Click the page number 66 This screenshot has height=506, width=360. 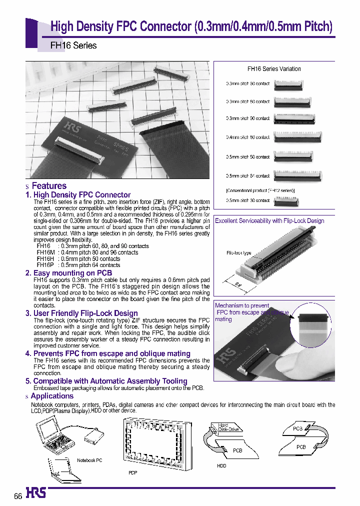pos(17,496)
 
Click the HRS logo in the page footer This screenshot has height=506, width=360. pos(36,493)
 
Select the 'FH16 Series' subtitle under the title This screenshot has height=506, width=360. pos(73,45)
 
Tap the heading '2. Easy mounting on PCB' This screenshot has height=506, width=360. pos(68,273)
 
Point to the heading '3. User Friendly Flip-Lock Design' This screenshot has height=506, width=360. pos(81,313)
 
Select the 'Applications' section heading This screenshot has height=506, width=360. pos(52,396)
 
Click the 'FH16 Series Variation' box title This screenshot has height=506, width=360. pos(274,69)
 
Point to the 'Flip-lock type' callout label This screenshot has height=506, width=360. pos(238,253)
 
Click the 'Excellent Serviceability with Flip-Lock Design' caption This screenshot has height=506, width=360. pos(269,220)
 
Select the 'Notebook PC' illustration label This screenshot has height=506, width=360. pos(89,460)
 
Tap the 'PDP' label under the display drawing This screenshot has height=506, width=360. pos(132,471)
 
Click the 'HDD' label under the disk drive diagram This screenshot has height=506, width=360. pos(221,465)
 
